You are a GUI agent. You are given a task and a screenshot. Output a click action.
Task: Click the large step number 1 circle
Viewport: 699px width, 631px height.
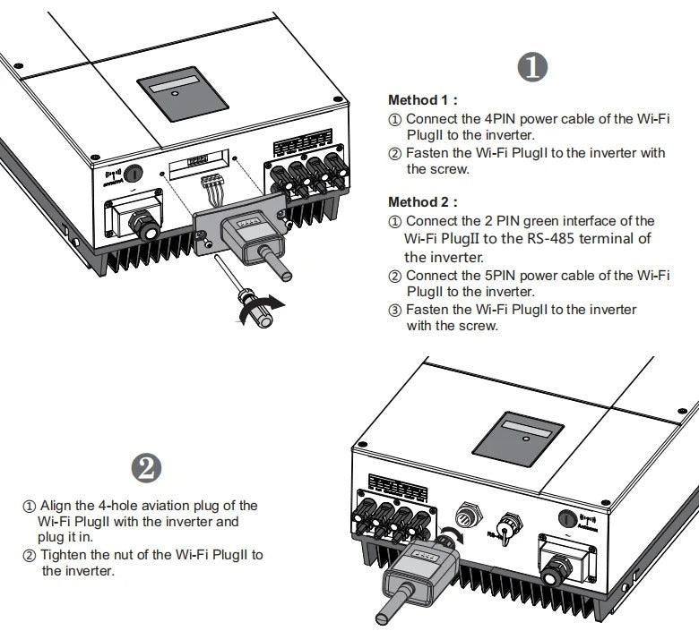tap(535, 68)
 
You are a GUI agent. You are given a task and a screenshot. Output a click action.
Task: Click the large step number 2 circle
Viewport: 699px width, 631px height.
tap(146, 467)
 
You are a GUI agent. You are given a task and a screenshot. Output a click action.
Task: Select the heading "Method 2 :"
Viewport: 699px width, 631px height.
tap(422, 202)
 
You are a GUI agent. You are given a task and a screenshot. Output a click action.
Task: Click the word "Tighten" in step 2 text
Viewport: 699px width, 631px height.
tap(60, 554)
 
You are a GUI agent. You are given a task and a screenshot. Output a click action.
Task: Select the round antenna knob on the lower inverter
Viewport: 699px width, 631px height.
tap(567, 517)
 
